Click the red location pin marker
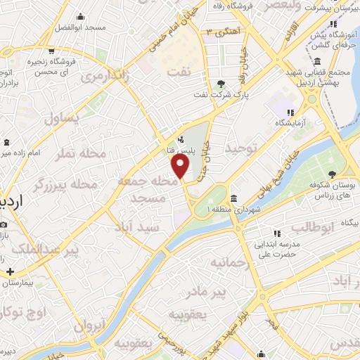tap(181, 166)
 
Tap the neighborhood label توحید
tap(243, 148)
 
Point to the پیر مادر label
tap(229, 290)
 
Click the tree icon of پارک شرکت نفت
tap(221, 84)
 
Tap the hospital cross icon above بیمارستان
tap(9, 271)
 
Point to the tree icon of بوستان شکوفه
tap(331, 174)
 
